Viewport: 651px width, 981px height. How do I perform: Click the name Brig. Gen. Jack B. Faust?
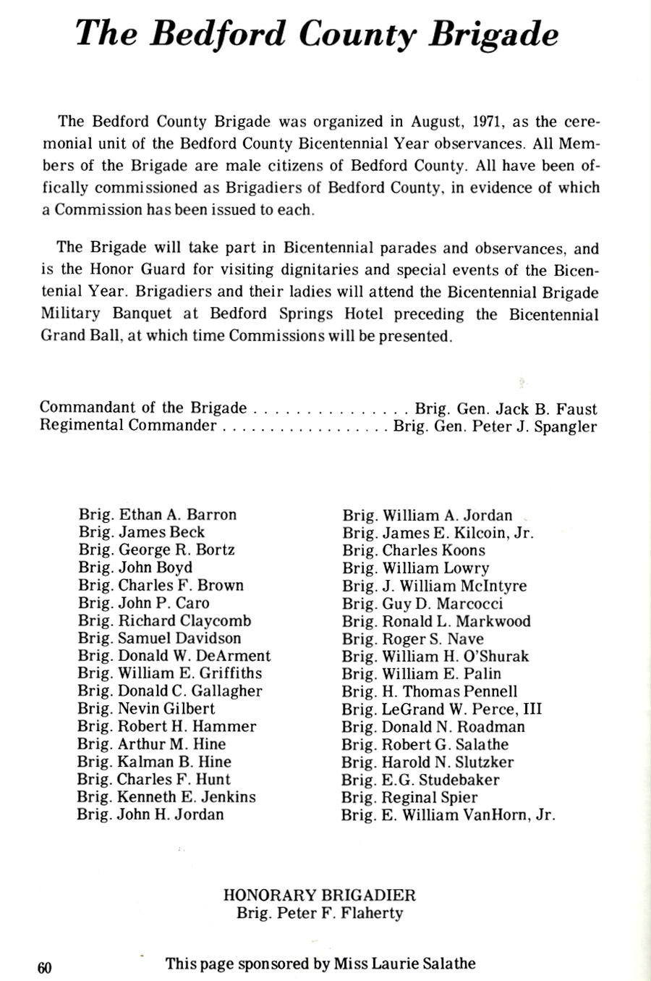[506, 408]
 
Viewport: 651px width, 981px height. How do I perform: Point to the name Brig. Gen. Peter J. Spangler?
[495, 426]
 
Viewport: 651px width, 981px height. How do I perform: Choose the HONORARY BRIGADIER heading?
[320, 895]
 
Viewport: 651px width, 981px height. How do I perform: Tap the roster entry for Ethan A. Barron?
[158, 515]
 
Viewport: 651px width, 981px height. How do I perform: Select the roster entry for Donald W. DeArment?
[174, 656]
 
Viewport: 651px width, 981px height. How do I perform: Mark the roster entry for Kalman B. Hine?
[155, 762]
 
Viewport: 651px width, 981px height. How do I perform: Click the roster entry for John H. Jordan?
[151, 814]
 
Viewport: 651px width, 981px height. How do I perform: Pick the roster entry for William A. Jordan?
[427, 515]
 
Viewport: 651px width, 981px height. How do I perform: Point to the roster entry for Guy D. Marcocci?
[422, 604]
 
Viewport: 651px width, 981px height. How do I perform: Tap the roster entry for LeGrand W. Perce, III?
[442, 710]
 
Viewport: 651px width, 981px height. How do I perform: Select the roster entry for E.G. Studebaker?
[421, 780]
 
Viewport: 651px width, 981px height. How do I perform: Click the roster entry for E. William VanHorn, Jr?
[449, 815]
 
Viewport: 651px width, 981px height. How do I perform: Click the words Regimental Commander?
[128, 425]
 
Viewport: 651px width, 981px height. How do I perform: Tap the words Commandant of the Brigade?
[143, 408]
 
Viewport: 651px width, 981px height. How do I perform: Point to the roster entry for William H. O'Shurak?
[435, 657]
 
